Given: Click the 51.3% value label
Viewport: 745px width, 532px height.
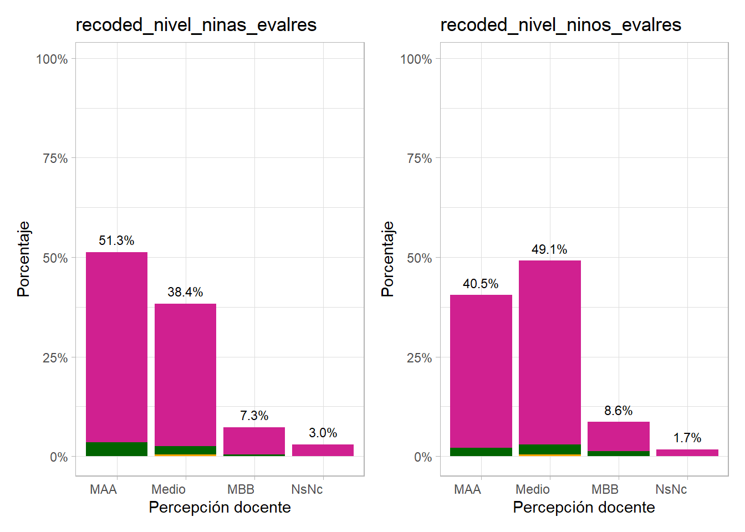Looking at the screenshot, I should pyautogui.click(x=116, y=241).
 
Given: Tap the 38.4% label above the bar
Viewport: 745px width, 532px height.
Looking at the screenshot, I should pyautogui.click(x=185, y=292).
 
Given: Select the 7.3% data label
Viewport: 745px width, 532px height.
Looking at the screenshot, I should pyautogui.click(x=254, y=416).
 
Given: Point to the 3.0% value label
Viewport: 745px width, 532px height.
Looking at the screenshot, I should pyautogui.click(x=323, y=433).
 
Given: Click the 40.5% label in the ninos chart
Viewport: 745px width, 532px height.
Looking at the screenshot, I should pyautogui.click(x=481, y=284).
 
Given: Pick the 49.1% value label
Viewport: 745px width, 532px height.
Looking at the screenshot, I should pyautogui.click(x=549, y=249).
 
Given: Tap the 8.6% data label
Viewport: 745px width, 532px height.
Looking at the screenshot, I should pyautogui.click(x=618, y=411).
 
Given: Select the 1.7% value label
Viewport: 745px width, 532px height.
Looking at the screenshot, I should pyautogui.click(x=687, y=438).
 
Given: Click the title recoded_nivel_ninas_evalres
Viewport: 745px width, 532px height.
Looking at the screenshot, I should pyautogui.click(x=196, y=25).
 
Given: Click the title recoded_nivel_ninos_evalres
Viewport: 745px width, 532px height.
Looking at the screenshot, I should pyautogui.click(x=560, y=25).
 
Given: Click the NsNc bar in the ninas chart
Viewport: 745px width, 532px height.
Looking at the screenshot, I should pyautogui.click(x=323, y=450).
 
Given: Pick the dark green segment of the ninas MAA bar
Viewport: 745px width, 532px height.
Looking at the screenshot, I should pyautogui.click(x=116, y=449).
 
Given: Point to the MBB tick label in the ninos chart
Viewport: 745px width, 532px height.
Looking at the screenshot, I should pyautogui.click(x=605, y=489).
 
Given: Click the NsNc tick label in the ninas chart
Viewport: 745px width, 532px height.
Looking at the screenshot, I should pyautogui.click(x=307, y=489).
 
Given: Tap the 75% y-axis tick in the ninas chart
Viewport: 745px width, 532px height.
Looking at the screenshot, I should pyautogui.click(x=55, y=158).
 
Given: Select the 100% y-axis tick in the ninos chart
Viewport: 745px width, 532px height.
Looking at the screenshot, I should pyautogui.click(x=416, y=59).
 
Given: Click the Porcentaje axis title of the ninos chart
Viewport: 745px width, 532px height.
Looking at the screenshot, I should pyautogui.click(x=387, y=259).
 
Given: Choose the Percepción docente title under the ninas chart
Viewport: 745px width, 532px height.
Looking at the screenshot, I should pyautogui.click(x=220, y=507).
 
